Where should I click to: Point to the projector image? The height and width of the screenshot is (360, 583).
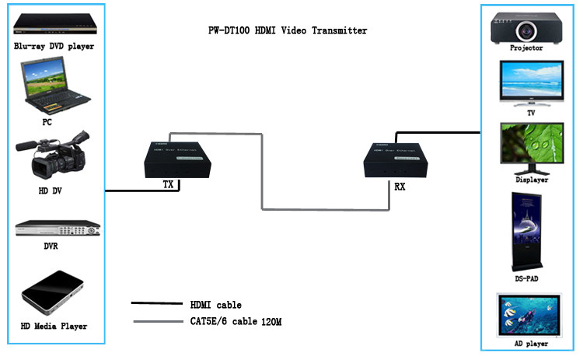pos(525,26)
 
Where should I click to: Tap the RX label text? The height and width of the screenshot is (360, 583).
pos(400,187)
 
